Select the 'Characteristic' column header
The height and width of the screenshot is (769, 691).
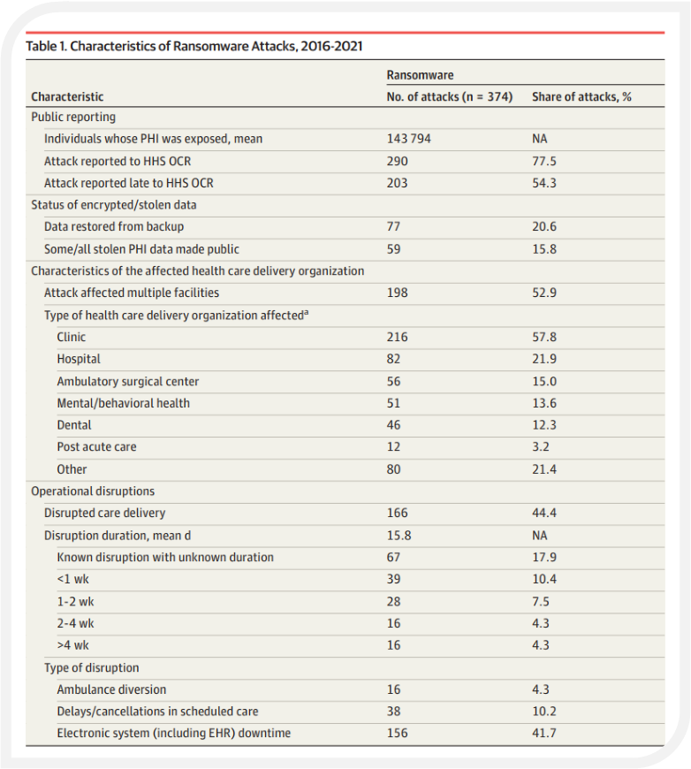coord(67,96)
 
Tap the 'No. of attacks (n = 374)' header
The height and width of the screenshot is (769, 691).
coord(449,96)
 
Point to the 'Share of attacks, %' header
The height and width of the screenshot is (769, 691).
coord(581,96)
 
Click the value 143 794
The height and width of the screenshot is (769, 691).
coord(408,139)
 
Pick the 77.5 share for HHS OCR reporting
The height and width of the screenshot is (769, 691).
coord(544,162)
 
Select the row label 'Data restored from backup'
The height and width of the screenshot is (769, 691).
coord(114,226)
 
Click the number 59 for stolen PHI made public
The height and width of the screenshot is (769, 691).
coord(393,249)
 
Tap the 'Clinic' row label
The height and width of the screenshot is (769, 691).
coord(71,337)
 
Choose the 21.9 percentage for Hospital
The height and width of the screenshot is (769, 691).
coord(544,359)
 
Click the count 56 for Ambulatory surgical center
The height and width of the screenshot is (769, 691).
coord(393,382)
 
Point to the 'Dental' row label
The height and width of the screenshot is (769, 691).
coord(74,424)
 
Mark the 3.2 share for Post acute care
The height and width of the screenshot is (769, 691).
coord(541,446)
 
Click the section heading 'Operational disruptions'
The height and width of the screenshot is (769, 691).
coord(93,491)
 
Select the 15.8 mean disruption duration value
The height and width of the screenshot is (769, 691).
coord(399,535)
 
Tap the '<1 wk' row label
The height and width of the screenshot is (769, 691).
coord(72,579)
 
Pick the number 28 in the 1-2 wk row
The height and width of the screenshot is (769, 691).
coord(393,601)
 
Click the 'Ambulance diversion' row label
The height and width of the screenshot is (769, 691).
coord(111,689)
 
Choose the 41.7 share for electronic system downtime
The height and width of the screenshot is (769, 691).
coord(544,733)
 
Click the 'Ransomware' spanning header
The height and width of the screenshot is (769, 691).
coord(420,75)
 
